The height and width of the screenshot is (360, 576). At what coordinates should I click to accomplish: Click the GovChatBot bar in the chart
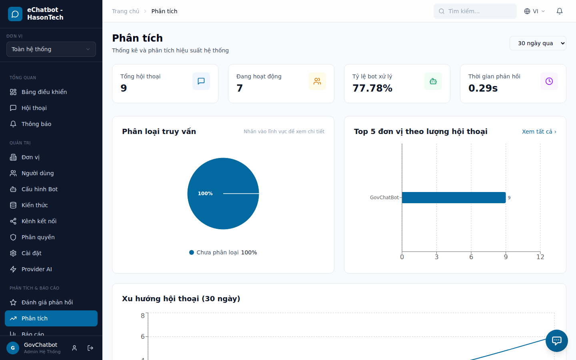(x=454, y=198)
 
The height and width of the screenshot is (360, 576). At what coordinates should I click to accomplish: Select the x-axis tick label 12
(x=540, y=257)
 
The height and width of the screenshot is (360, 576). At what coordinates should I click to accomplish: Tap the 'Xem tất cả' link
(x=539, y=132)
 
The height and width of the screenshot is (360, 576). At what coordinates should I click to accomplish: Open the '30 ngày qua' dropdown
(x=538, y=43)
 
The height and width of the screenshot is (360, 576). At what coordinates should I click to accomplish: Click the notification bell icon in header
(x=560, y=11)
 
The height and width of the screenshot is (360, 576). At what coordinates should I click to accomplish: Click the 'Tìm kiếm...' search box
(x=475, y=11)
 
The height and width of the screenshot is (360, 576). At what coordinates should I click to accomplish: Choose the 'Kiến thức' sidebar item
(x=34, y=205)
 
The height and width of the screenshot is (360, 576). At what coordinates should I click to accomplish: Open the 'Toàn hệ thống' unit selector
(x=51, y=49)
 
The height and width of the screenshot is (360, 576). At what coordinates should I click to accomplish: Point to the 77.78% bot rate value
(x=372, y=88)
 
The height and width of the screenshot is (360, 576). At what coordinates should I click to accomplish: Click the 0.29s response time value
(x=483, y=88)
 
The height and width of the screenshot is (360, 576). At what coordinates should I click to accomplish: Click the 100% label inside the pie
(x=205, y=194)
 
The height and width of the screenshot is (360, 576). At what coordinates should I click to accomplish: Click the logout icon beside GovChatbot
(x=90, y=348)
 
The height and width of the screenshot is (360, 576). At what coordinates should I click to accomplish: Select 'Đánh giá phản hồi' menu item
(x=47, y=302)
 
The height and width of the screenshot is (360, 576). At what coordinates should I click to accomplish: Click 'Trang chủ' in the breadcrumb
(x=126, y=11)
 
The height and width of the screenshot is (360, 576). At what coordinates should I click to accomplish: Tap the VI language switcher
(x=534, y=11)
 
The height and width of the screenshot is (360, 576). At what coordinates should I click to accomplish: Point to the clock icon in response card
(x=549, y=81)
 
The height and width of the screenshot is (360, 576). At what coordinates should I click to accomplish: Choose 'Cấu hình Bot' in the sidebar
(x=39, y=189)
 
